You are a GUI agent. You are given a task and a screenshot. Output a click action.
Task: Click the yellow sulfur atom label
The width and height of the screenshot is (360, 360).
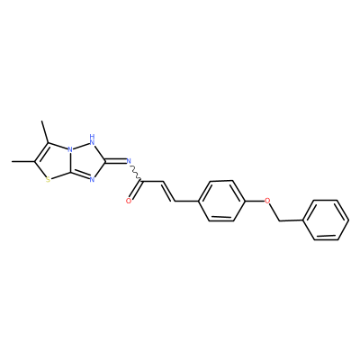click(49, 179)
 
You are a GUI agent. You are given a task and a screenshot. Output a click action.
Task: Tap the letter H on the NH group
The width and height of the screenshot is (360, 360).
click(93, 138)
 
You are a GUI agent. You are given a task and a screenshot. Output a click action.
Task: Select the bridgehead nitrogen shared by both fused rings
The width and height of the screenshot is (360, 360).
click(69, 148)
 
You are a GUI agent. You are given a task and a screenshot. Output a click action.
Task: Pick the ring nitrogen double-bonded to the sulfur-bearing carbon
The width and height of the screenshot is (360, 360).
click(92, 180)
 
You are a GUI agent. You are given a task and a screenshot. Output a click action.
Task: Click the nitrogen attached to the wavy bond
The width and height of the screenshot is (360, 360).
click(129, 161)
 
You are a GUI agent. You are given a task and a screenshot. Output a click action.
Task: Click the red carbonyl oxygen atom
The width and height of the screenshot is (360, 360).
click(129, 201)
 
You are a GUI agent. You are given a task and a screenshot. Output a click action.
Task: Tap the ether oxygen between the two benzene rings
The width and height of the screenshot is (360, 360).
click(267, 200)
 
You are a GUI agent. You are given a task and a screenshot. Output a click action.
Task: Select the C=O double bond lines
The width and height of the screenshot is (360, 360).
click(136, 190)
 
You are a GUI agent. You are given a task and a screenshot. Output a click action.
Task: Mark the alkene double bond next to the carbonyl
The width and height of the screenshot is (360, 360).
click(168, 191)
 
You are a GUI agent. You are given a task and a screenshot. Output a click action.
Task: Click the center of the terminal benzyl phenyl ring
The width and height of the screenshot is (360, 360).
click(326, 220)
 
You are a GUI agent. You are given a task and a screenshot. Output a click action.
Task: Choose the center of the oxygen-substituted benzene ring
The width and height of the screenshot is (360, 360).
click(221, 201)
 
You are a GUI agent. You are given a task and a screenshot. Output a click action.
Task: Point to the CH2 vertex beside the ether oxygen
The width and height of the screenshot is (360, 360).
click(280, 221)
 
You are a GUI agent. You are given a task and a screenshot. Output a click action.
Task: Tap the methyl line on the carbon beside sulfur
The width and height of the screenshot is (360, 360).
click(23, 161)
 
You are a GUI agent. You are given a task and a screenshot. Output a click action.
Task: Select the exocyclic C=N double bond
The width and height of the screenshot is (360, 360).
click(115, 161)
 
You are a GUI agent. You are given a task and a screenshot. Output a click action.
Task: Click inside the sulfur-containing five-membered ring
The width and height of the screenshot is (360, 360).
click(54, 162)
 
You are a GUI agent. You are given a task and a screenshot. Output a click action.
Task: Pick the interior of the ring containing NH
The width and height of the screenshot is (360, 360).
click(85, 160)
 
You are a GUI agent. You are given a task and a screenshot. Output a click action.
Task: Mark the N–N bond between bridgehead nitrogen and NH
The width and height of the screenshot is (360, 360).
click(81, 145)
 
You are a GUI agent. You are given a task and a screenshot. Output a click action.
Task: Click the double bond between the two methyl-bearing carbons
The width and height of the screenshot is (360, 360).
click(41, 152)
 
